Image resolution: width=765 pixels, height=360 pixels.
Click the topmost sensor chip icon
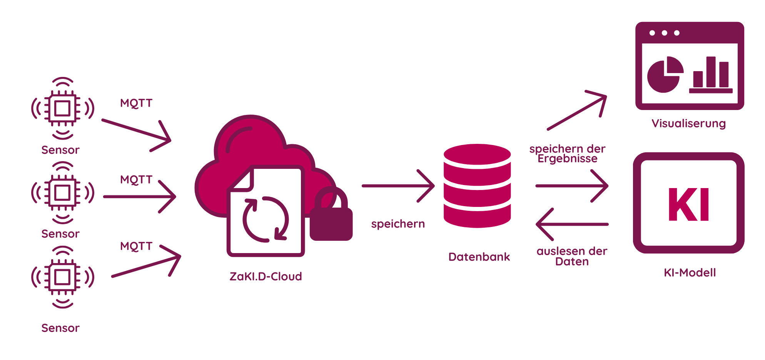point(62,108)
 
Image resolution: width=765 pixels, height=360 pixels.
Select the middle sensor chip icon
point(62,193)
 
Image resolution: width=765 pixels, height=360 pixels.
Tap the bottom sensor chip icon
point(62,277)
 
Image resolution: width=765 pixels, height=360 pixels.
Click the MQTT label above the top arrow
point(136,103)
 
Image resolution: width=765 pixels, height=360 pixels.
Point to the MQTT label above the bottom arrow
point(136,246)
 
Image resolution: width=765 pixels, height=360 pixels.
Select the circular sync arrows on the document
point(266,219)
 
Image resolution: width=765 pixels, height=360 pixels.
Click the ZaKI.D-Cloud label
point(266,277)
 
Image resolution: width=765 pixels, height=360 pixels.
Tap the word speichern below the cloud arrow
point(398,224)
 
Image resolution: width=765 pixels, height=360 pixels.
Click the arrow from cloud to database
point(398,186)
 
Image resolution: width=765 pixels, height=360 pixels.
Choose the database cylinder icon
point(477,186)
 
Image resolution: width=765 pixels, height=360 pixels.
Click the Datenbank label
point(479,257)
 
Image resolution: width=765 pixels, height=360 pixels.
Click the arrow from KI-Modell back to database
point(572,224)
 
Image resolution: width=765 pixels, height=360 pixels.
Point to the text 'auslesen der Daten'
point(572,257)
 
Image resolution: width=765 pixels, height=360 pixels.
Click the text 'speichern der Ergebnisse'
point(568,153)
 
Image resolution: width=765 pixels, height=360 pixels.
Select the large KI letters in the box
point(689,205)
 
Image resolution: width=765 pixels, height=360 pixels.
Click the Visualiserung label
point(689,123)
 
